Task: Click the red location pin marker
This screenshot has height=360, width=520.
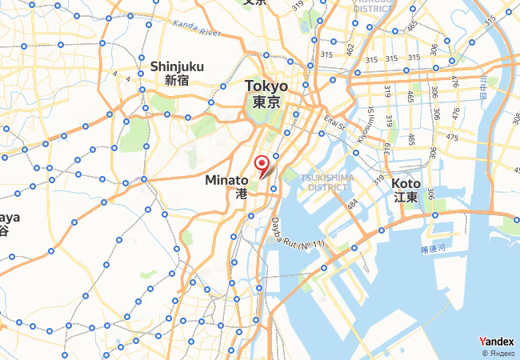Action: [262, 166]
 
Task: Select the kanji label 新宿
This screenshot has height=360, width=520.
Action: [176, 80]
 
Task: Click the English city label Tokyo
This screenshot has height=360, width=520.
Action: [266, 86]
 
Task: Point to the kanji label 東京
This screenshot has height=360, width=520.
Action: [266, 102]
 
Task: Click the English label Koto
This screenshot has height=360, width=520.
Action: [406, 183]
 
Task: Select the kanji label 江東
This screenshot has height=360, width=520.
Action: [406, 197]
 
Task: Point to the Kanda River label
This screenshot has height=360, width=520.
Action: [197, 33]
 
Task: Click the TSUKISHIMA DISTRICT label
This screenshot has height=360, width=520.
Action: [326, 182]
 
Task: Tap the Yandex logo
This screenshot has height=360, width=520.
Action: [497, 342]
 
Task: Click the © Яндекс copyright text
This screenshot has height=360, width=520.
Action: [500, 353]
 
